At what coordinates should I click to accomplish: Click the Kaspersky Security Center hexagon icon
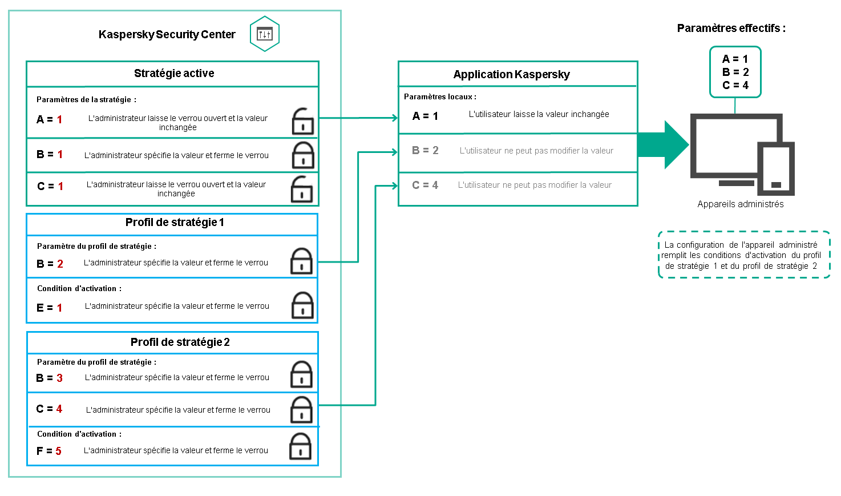pos(264,34)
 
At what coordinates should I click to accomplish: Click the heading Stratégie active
pos(174,74)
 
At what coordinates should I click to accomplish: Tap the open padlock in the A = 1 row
pos(302,121)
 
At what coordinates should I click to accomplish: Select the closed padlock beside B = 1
pos(303,155)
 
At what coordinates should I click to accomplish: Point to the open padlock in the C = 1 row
pos(302,189)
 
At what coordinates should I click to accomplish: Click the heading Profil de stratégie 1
pos(175,223)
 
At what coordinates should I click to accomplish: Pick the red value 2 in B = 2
pos(60,264)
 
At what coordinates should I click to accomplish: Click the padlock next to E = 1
pos(302,306)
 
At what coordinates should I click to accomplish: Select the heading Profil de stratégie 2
pos(180,342)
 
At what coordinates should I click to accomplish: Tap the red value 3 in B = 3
pos(59,378)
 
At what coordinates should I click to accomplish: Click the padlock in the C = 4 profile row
pos(301,410)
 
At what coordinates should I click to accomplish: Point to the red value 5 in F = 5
pos(58,451)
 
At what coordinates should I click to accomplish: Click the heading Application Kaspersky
pos(511,75)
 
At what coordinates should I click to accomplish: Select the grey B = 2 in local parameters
pos(425,151)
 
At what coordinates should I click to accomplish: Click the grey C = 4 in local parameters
pos(425,185)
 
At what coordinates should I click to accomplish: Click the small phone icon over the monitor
pos(775,168)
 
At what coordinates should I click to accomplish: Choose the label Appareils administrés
pos(740,204)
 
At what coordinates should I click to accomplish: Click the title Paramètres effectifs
pos(731,29)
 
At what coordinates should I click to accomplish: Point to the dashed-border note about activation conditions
pos(743,255)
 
